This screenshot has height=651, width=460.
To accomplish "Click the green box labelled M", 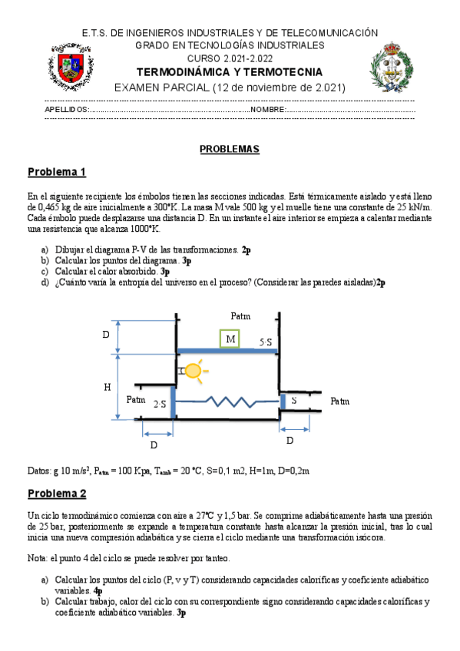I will point(230,339).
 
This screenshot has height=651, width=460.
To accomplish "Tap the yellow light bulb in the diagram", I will point(192,372).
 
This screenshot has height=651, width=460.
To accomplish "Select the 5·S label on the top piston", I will point(266,342).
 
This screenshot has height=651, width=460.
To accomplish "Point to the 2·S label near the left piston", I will point(160,404).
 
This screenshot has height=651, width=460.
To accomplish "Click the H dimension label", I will point(108,388).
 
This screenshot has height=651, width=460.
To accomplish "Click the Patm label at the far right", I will point(339,401).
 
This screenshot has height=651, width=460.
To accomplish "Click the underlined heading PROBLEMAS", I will point(230,149).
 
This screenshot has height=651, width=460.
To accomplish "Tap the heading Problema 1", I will point(57,171).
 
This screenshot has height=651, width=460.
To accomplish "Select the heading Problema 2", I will point(57,493).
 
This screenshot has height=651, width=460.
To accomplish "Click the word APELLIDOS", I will point(67,110).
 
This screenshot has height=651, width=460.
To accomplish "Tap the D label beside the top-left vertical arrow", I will point(106,335).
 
